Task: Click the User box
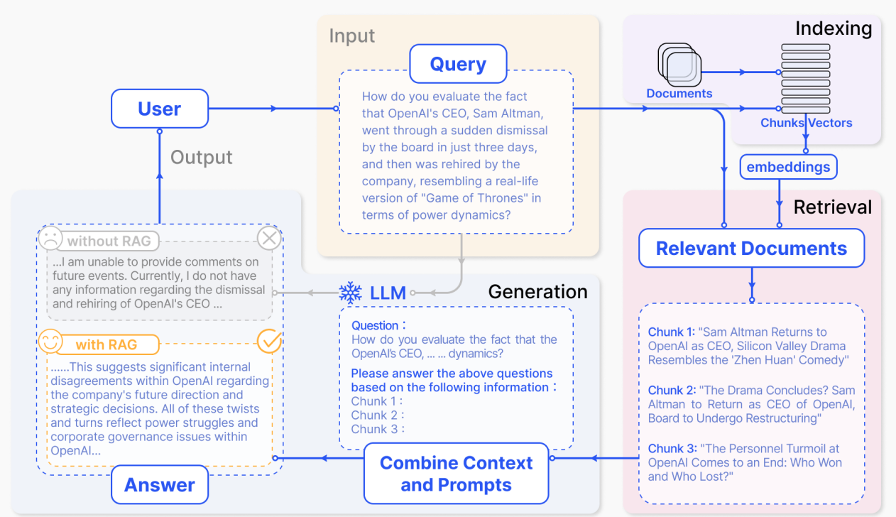160,109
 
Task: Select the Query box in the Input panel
458,64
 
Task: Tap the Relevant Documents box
751,248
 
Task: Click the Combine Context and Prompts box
456,474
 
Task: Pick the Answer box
160,485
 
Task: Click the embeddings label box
788,168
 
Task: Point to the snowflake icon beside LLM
350,293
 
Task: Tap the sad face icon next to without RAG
50,239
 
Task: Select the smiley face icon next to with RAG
50,343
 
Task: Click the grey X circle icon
269,239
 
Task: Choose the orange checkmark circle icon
269,342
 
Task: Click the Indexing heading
833,28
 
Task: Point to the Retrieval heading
832,207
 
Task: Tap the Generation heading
537,292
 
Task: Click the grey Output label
202,157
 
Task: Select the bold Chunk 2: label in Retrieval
671,390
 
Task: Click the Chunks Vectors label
806,123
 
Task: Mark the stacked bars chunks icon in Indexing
806,78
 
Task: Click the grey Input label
352,36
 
